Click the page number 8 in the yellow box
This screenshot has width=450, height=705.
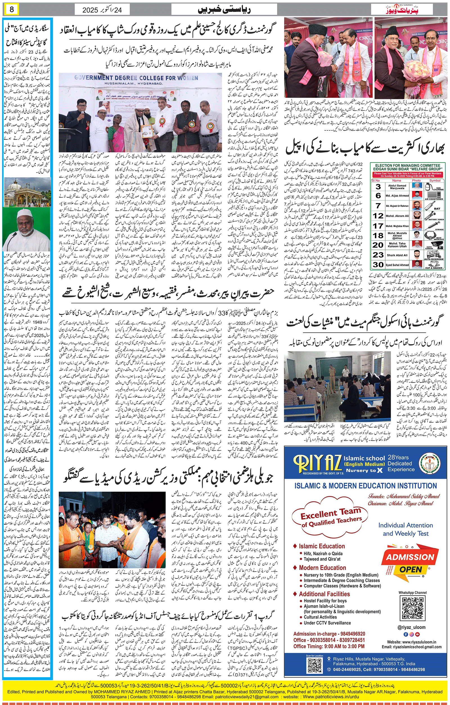click(12, 9)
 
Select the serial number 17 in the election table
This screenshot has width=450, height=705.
click(378, 226)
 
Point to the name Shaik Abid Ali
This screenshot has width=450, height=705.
click(397, 255)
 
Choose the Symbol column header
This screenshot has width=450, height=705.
click(435, 181)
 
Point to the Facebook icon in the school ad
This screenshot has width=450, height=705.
click(406, 634)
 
